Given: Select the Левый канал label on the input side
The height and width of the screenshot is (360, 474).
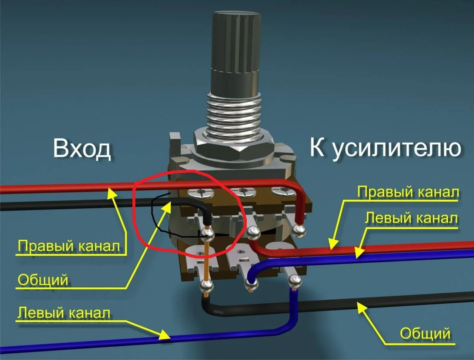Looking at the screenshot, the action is coord(64,313).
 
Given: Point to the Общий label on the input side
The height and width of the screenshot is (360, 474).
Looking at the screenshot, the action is coord(43,280).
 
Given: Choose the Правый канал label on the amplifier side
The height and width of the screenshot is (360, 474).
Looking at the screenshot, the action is coord(408,192).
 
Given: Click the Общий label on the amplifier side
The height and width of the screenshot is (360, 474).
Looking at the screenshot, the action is coord(425,333).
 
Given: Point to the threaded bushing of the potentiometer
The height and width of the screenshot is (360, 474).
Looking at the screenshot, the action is coord(234,112).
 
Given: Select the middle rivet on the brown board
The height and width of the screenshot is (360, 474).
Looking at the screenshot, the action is coord(243,191).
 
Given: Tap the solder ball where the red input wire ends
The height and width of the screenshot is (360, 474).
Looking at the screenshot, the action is coord(299,232).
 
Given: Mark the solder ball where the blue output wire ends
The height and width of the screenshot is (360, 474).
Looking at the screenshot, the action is coord(251,285).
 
